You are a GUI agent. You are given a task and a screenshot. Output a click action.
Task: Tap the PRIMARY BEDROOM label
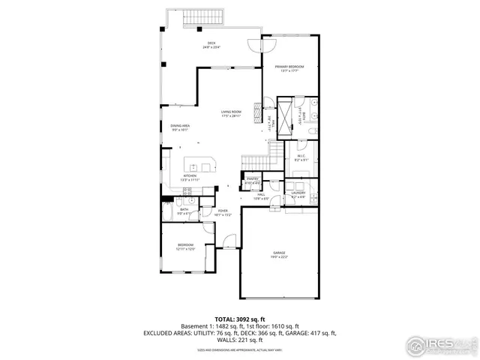coord(289,67)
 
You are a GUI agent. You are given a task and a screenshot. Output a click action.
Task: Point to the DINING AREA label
coord(179,127)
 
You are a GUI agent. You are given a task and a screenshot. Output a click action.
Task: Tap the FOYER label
coord(223,212)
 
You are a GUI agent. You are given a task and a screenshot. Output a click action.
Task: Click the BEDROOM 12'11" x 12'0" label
coord(186,246)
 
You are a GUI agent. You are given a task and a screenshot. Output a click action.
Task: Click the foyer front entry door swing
coord(228,240)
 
